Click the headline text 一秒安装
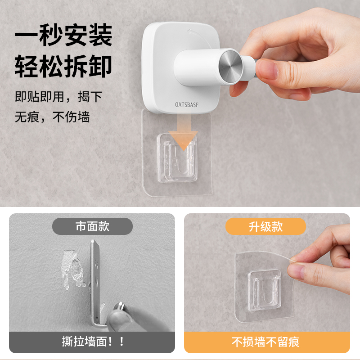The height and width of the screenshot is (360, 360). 63,36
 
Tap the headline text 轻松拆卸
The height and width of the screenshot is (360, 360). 63,66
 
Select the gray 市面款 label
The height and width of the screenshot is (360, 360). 92,226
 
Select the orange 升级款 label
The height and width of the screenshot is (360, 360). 265,226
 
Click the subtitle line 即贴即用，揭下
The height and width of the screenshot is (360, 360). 58,97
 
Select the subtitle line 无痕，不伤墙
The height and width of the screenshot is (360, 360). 52,117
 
